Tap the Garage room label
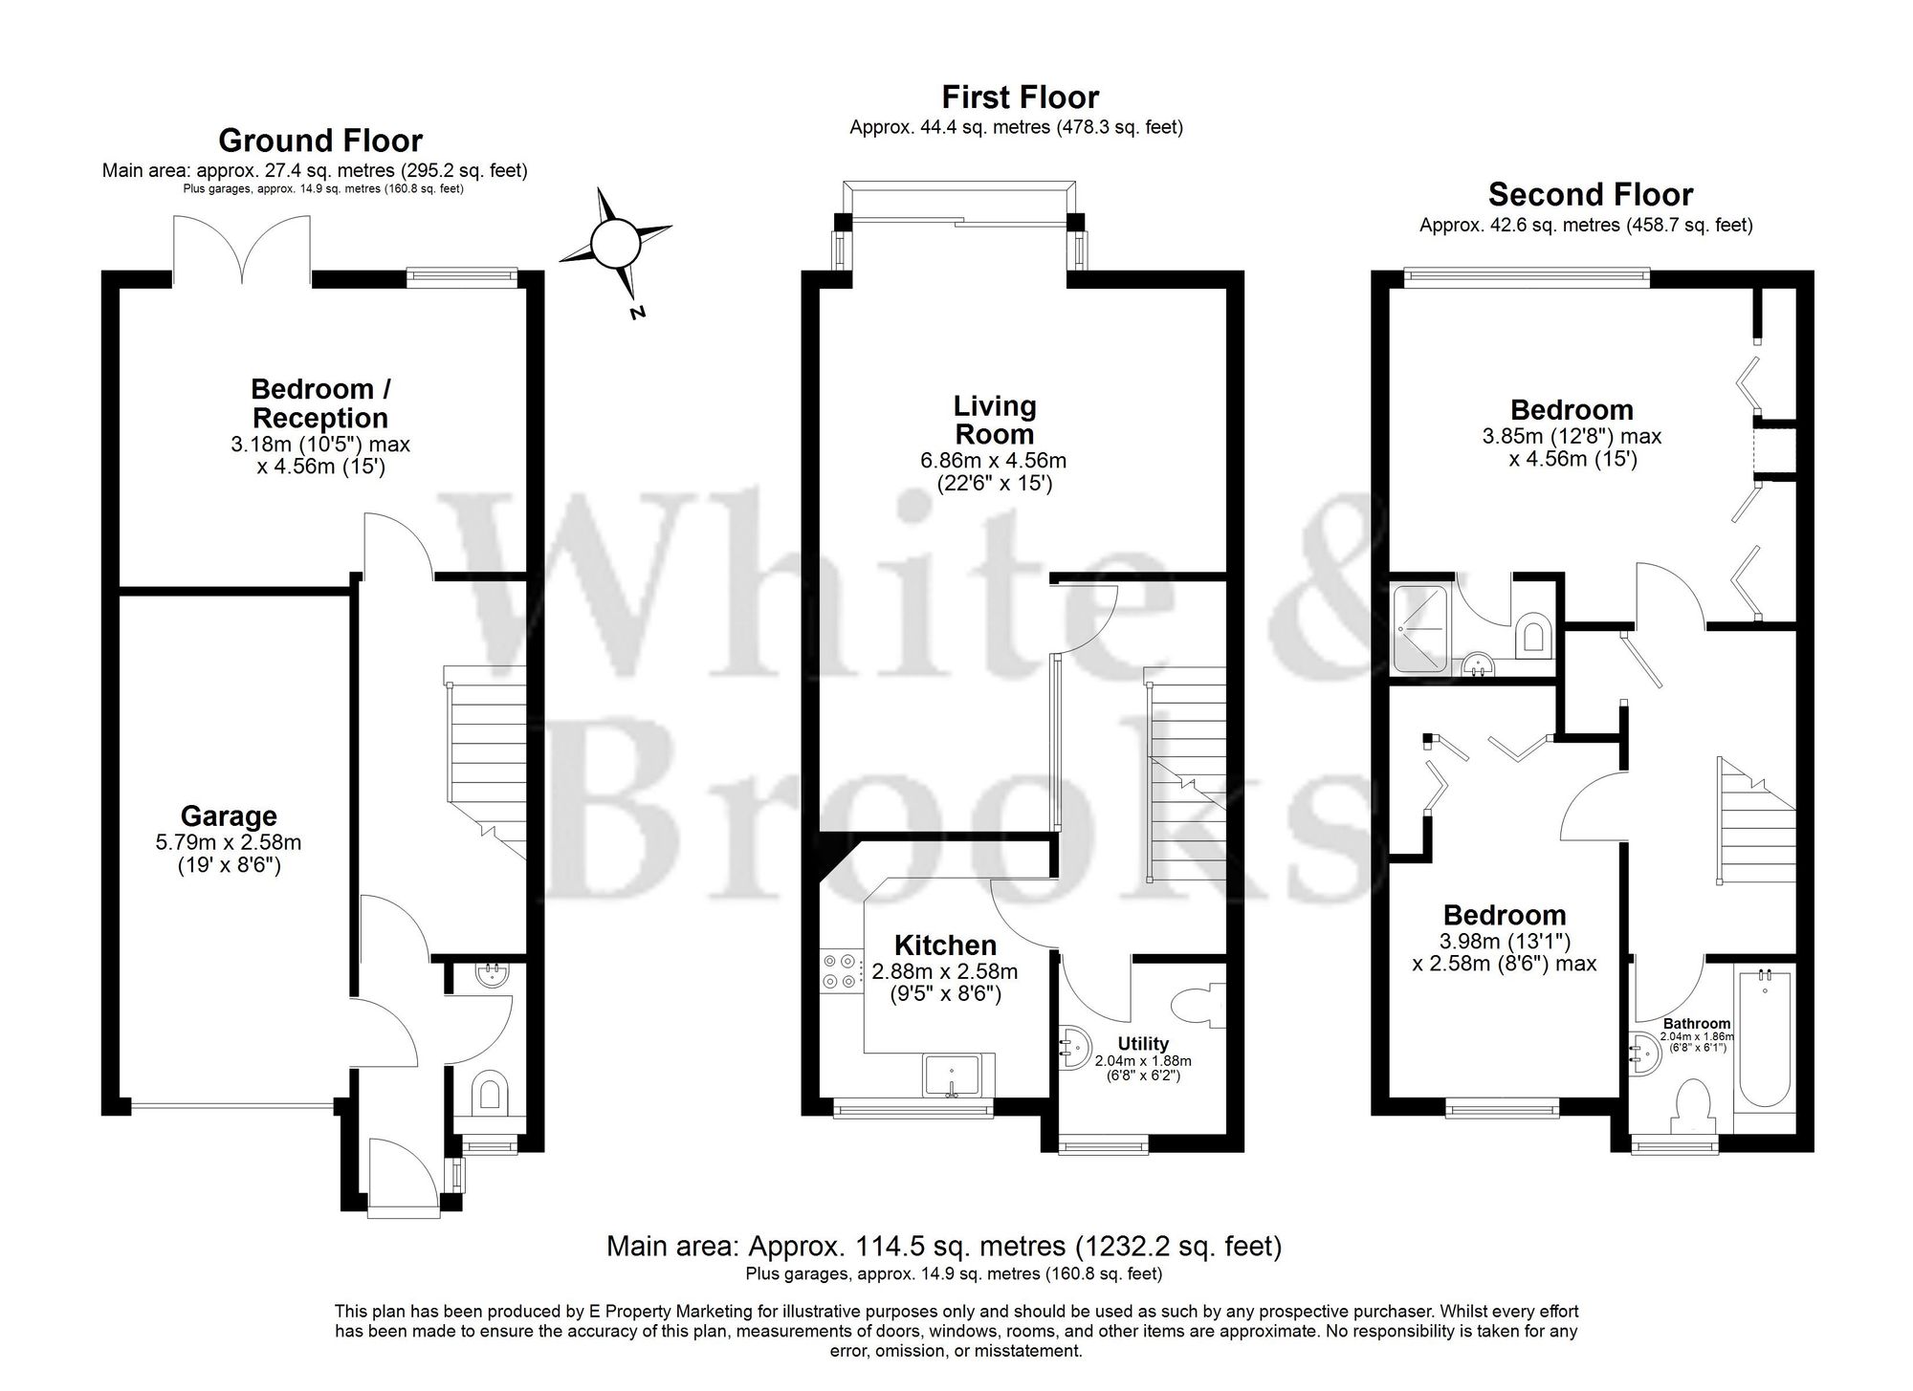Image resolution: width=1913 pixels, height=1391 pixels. point(229,815)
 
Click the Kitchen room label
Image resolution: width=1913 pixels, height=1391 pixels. point(945,945)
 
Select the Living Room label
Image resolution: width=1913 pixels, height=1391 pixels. point(995,420)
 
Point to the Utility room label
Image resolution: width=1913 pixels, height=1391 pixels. point(1143,1044)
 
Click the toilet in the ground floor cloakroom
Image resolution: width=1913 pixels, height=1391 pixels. point(491,1092)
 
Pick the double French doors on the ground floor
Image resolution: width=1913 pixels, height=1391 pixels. point(242,250)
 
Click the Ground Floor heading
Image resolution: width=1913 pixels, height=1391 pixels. point(320,141)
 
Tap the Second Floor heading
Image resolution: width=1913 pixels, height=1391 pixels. point(1590,195)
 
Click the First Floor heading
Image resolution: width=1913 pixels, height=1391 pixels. point(1020,97)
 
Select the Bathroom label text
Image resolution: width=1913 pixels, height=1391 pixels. point(1696,1023)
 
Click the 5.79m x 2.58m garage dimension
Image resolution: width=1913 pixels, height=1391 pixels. point(229,843)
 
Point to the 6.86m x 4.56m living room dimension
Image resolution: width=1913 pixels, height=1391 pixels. point(993,461)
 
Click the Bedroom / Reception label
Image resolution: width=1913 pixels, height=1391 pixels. point(320,403)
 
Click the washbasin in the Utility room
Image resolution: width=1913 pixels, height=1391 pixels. point(1073,1047)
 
